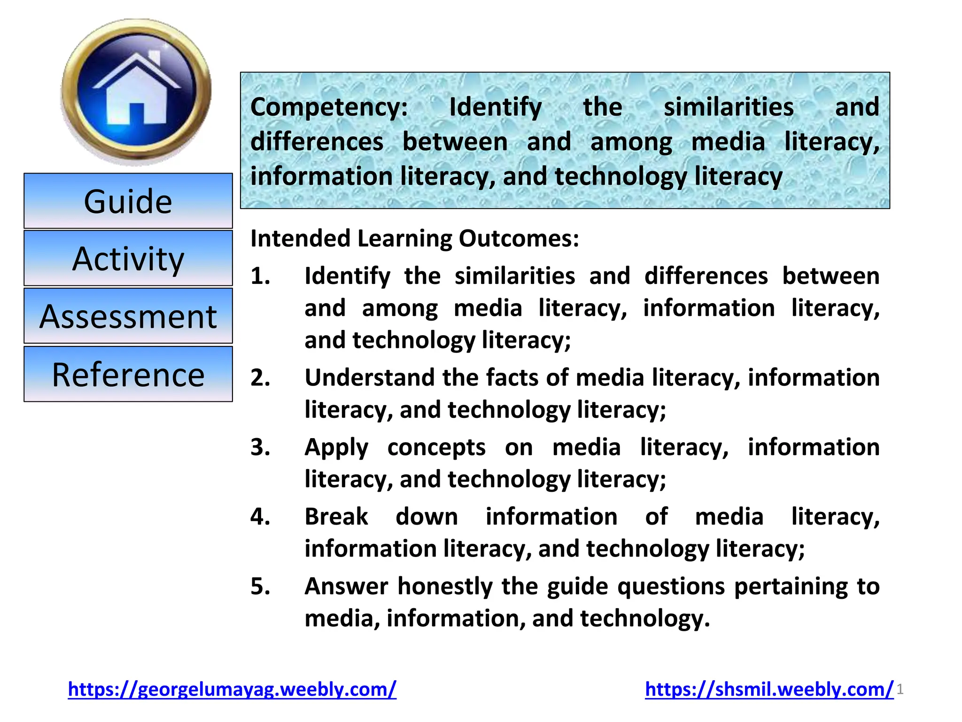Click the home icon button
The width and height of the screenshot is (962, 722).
pyautogui.click(x=136, y=92)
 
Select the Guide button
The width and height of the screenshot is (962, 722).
pyautogui.click(x=128, y=201)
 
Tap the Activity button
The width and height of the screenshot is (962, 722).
pyautogui.click(x=128, y=259)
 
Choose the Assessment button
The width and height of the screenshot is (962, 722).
pyautogui.click(x=128, y=316)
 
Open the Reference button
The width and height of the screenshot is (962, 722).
pyautogui.click(x=128, y=375)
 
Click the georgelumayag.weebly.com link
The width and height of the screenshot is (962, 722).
pyautogui.click(x=232, y=689)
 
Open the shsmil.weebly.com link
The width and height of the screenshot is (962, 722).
pyautogui.click(x=769, y=689)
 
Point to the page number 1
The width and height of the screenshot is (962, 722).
pyautogui.click(x=900, y=690)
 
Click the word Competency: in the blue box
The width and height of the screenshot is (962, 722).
pyautogui.click(x=329, y=107)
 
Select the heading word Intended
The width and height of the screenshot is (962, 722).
pyautogui.click(x=300, y=238)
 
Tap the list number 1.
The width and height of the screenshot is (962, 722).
pyautogui.click(x=260, y=276)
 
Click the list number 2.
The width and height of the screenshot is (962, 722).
pyautogui.click(x=260, y=377)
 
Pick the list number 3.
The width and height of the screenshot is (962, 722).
pyautogui.click(x=260, y=447)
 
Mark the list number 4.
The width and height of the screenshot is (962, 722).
pyautogui.click(x=260, y=517)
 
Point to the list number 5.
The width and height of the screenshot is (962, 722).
pyautogui.click(x=260, y=586)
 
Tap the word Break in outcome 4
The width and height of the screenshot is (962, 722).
pyautogui.click(x=336, y=517)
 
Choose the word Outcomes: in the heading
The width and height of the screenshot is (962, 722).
pyautogui.click(x=519, y=238)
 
